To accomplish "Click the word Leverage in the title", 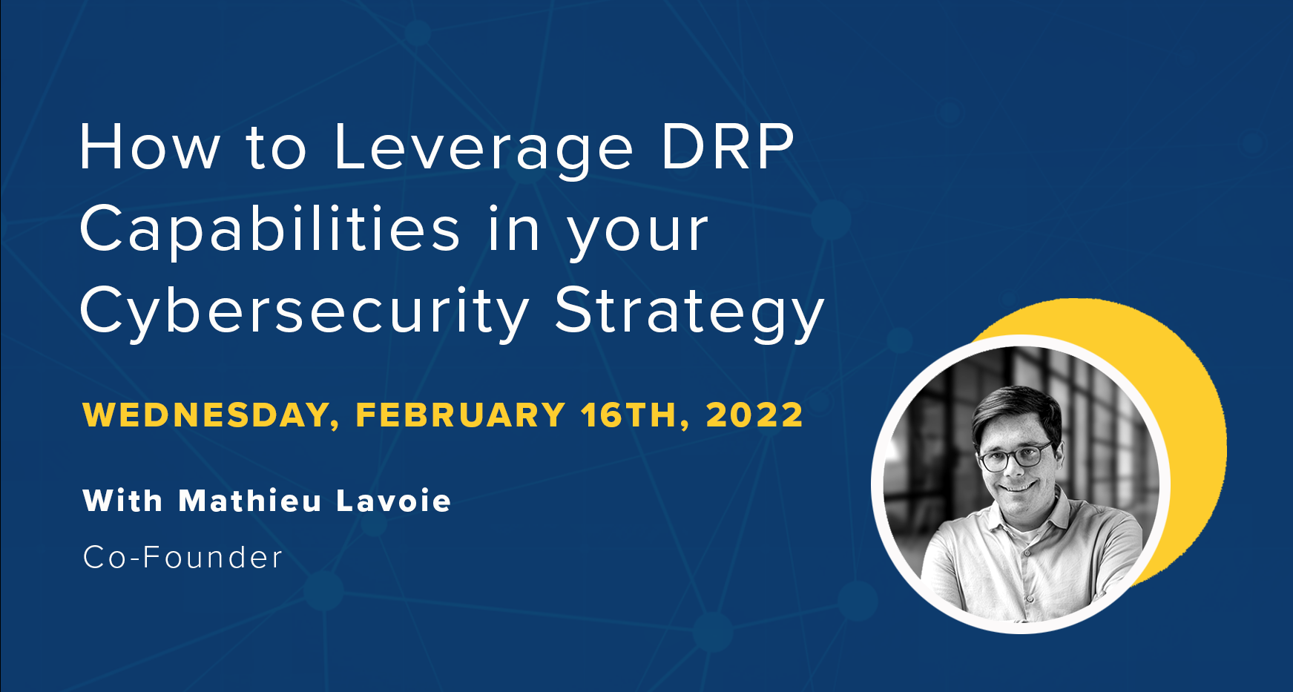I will coord(483,148).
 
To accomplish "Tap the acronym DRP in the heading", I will coord(727,146).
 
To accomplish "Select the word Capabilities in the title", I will coord(270,229).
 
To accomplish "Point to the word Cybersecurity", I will coord(303,312).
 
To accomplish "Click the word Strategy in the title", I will coord(689,312).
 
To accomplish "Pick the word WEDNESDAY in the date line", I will coord(206,415).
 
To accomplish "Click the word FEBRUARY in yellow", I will coord(461,415).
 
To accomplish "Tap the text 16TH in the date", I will coord(629,415).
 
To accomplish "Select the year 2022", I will coord(754,415).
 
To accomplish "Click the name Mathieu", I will coord(250,501).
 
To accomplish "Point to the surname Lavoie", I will coord(394,501).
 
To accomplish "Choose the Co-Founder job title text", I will coord(182,558).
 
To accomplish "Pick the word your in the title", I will coord(638,231).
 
